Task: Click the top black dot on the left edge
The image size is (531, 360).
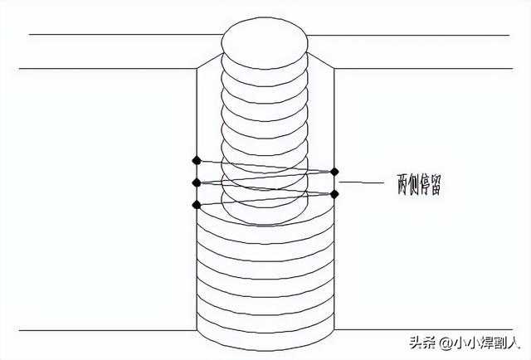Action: point(196,160)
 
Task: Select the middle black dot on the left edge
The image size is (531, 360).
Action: point(196,182)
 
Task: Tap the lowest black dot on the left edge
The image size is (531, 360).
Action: point(196,204)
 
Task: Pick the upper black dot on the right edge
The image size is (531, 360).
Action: point(334,172)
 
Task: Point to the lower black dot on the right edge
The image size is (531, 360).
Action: point(334,194)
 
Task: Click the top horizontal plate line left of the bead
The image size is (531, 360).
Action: point(124,35)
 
